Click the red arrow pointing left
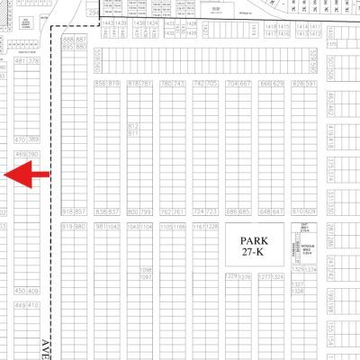tap(27, 175)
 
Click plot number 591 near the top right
tap(311, 83)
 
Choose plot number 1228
tap(213, 227)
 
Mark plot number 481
tap(20, 61)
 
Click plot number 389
tap(34, 139)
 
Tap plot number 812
tap(133, 127)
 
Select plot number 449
tap(20, 306)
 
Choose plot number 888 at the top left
tap(67, 40)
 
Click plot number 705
tap(212, 83)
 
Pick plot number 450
tap(20, 292)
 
